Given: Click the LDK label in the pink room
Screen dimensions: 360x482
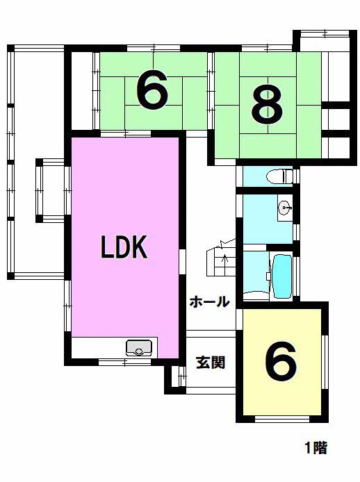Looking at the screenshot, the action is point(124,247).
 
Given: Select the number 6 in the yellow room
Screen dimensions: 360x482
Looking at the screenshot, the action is point(281,361).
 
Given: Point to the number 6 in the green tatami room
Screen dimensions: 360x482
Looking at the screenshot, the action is point(152,90).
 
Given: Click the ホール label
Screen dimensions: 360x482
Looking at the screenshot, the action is point(210,302).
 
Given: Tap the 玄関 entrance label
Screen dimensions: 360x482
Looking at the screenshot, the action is point(211,363).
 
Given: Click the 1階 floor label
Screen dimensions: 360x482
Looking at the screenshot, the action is point(316,447).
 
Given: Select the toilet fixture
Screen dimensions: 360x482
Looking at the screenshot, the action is point(279,176).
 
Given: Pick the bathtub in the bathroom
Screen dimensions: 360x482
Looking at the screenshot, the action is point(282,276).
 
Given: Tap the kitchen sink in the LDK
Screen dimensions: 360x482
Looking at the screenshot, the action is point(139,347).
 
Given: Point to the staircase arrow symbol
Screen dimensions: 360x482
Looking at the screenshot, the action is point(225,262).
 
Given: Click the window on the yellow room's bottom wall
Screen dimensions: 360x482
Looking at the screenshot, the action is point(282,419).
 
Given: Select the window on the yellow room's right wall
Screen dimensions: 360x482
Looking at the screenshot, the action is point(325,362).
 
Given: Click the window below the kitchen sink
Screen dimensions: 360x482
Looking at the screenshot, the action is point(124,362).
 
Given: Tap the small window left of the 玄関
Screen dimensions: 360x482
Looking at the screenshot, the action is point(182,376).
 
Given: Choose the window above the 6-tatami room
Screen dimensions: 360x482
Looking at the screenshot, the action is point(154,48).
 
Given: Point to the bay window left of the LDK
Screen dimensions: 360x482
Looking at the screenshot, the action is point(50,190).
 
